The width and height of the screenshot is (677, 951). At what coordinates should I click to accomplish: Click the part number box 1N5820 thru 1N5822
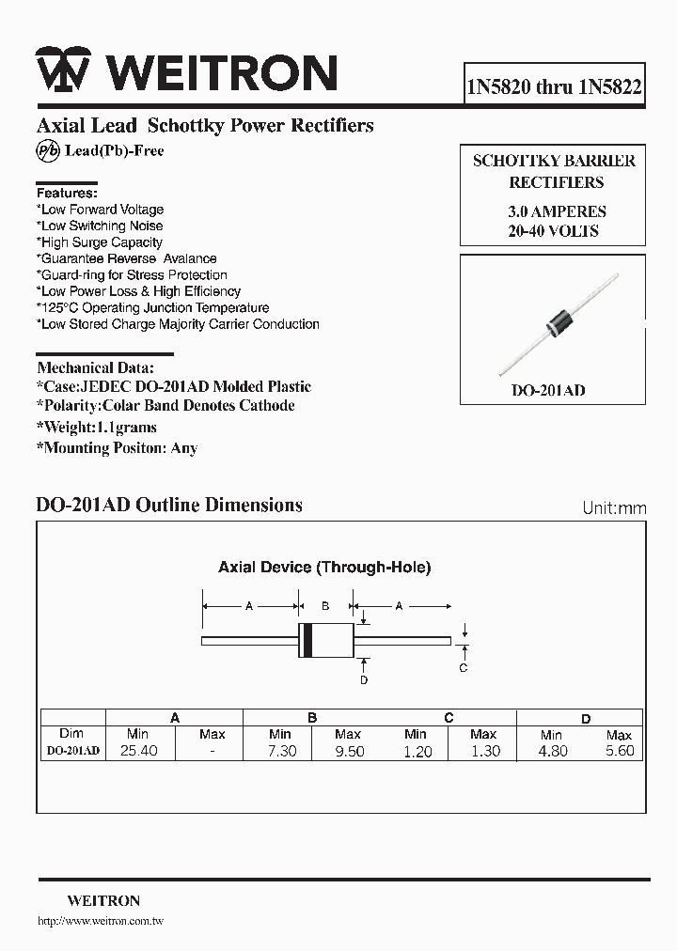[x=554, y=87]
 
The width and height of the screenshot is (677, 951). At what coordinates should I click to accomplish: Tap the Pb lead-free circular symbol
[x=47, y=150]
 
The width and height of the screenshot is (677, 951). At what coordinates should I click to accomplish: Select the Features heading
[x=66, y=192]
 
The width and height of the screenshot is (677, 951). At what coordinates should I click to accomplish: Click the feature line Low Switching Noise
[x=101, y=226]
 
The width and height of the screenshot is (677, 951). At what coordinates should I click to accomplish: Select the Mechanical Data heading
[x=95, y=367]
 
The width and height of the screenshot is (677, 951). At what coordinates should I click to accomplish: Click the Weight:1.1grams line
[x=96, y=428]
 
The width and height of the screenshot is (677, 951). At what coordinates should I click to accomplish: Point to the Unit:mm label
[x=614, y=508]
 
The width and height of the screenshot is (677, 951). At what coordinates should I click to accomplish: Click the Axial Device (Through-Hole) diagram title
[x=324, y=567]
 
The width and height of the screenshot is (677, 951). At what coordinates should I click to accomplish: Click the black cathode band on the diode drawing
[x=306, y=641]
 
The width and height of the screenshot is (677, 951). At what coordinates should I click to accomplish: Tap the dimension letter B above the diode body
[x=324, y=606]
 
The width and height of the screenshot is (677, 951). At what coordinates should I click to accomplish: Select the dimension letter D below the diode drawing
[x=364, y=679]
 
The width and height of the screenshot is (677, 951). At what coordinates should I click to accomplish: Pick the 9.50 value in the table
[x=348, y=751]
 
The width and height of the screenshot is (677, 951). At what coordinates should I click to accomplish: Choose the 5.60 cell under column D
[x=619, y=751]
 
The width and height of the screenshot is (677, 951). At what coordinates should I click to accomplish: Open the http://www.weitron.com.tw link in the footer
[x=100, y=922]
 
